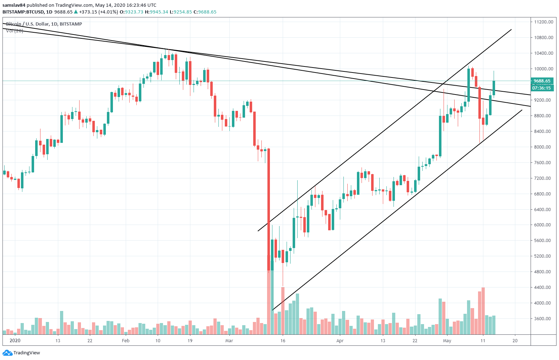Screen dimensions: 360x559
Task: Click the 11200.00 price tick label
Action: click(543, 22)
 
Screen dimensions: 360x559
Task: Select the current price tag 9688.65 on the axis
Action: click(542, 81)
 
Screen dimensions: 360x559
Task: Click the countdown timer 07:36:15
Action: click(542, 88)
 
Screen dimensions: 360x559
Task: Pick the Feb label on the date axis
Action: click(125, 341)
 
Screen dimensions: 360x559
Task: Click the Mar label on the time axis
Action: click(229, 341)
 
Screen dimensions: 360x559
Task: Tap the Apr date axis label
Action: click(340, 341)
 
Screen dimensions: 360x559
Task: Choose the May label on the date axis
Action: click(447, 341)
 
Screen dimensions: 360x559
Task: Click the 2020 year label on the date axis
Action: click(15, 341)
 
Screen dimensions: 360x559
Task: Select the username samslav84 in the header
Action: click(14, 5)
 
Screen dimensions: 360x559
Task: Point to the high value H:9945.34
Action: click(156, 12)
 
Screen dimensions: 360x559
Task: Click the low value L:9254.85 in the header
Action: click(181, 12)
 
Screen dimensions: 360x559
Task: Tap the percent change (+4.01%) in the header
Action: click(107, 12)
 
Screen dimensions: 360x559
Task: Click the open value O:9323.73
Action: click(131, 12)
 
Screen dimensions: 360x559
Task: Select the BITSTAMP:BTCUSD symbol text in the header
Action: click(23, 12)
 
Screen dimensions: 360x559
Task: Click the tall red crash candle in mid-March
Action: click(268, 210)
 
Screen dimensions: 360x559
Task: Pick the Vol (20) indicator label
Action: click(15, 31)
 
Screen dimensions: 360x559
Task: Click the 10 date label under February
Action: click(158, 341)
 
